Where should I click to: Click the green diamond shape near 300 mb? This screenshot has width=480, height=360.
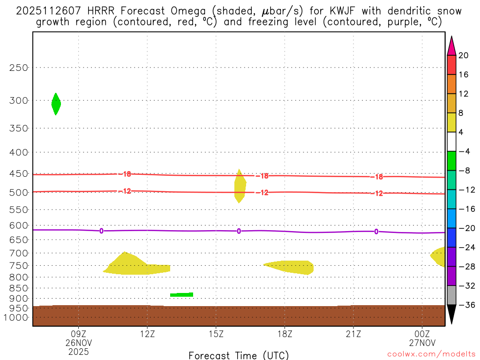pyautogui.click(x=56, y=104)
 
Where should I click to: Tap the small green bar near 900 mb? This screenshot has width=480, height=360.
pyautogui.click(x=181, y=294)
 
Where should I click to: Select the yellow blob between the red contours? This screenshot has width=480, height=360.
pyautogui.click(x=240, y=187)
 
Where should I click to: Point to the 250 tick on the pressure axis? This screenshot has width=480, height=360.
pyautogui.click(x=19, y=67)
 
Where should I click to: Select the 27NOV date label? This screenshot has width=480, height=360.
pyautogui.click(x=422, y=342)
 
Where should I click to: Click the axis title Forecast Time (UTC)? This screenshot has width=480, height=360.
pyautogui.click(x=239, y=355)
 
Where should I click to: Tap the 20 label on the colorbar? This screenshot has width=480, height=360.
pyautogui.click(x=464, y=55)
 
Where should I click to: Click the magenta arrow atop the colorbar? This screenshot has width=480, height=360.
pyautogui.click(x=451, y=46)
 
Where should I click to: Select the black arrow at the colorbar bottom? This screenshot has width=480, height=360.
pyautogui.click(x=451, y=314)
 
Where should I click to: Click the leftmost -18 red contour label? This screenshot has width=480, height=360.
pyautogui.click(x=125, y=174)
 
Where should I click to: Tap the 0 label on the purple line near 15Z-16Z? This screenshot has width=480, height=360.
pyautogui.click(x=239, y=231)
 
